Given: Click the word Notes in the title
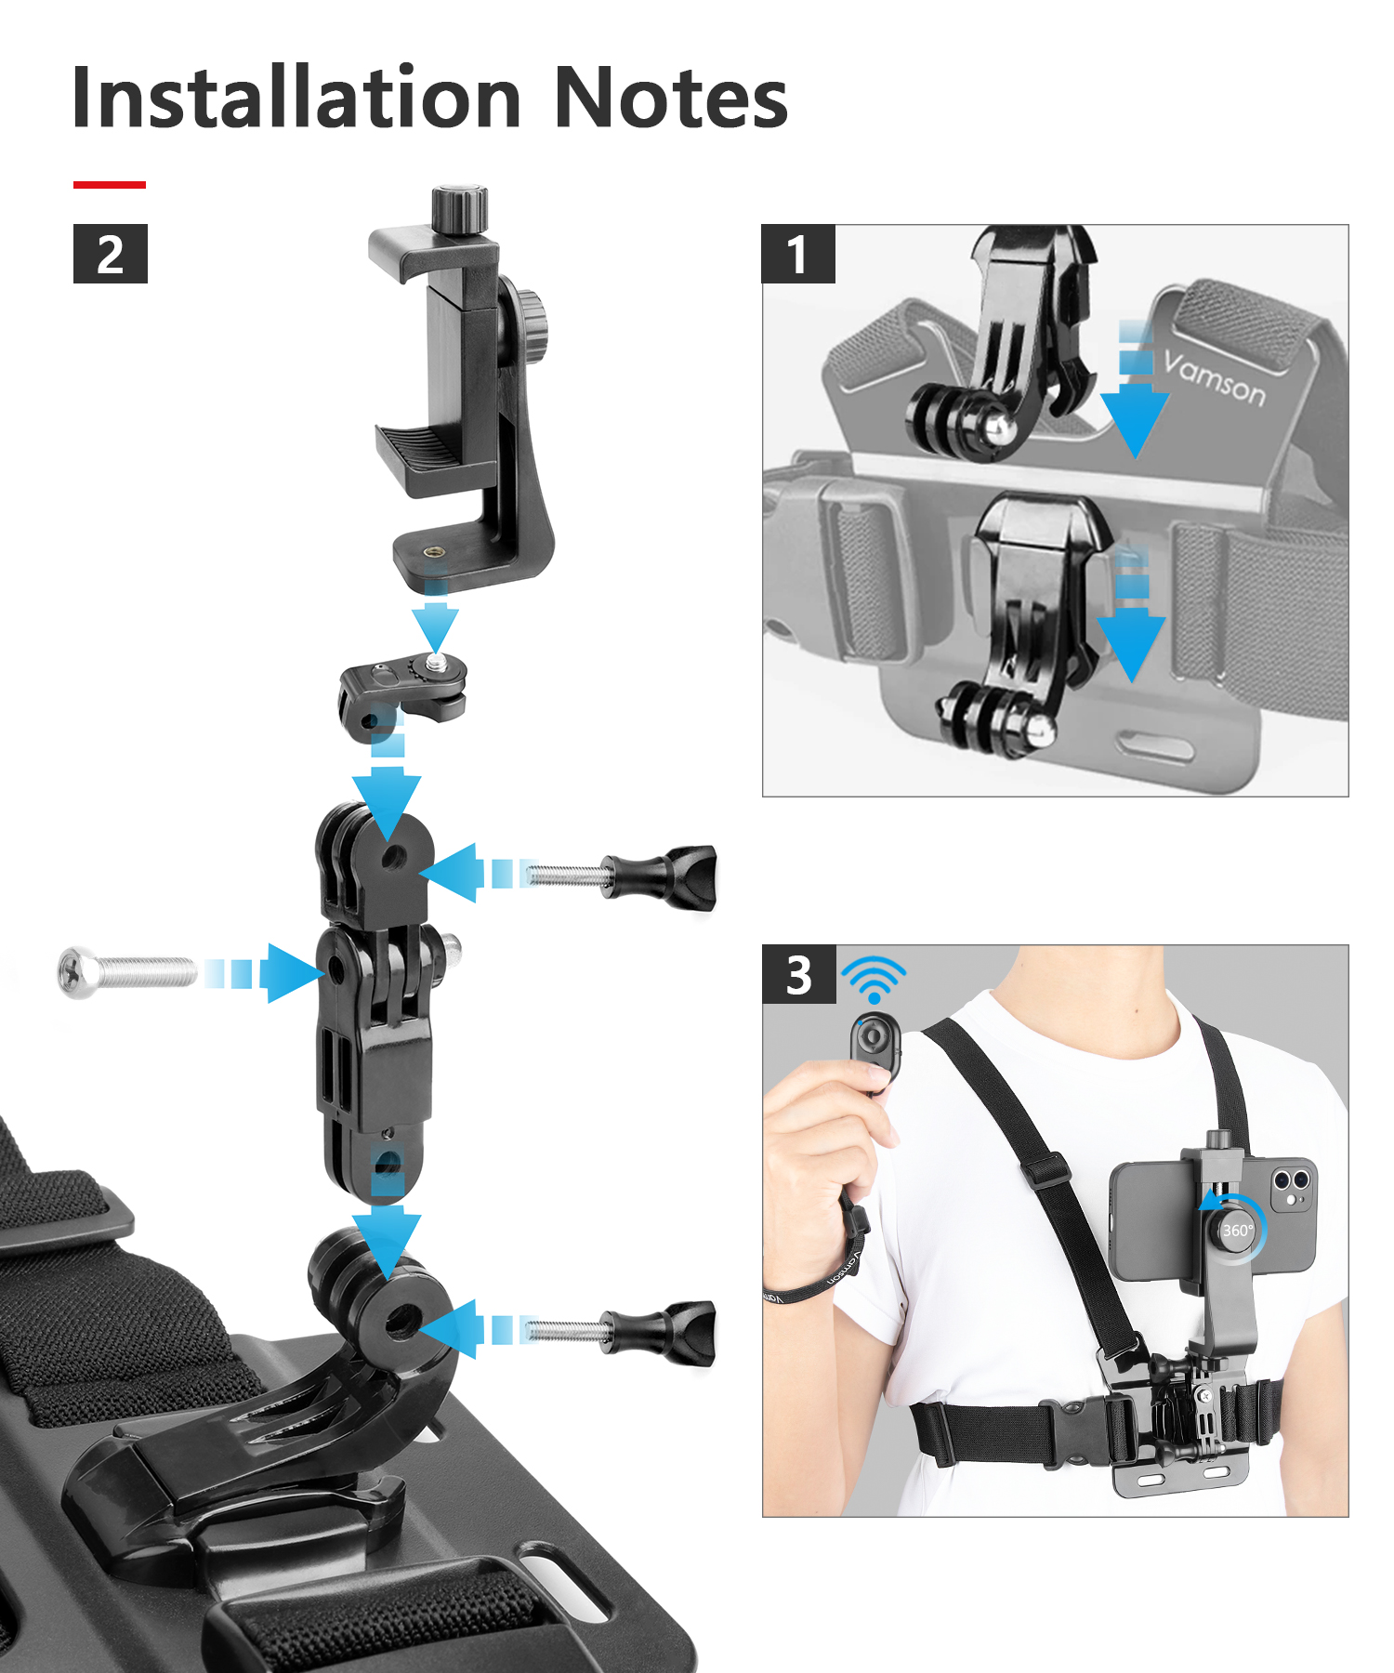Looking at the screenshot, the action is click(671, 98).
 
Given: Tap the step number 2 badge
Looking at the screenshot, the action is click(111, 254).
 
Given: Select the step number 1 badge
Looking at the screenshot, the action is click(798, 254).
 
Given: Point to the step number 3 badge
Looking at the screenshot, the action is click(799, 975).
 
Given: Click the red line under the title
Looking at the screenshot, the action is click(110, 185).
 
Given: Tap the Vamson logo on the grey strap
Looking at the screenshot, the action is click(1215, 379).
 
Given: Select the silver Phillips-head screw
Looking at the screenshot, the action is click(127, 972).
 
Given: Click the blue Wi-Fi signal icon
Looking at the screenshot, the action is click(874, 979).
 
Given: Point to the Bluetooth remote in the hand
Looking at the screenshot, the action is click(875, 1050).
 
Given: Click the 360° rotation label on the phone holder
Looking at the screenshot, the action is click(1237, 1231).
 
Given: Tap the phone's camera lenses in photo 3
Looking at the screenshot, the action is click(1291, 1182).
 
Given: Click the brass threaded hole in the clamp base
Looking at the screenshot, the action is click(433, 552).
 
